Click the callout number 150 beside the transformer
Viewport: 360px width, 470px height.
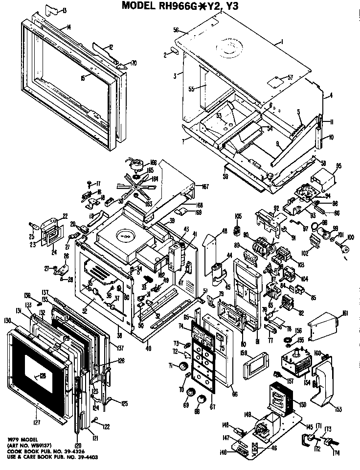click(x=303, y=404)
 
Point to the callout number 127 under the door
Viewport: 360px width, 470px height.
click(x=38, y=422)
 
